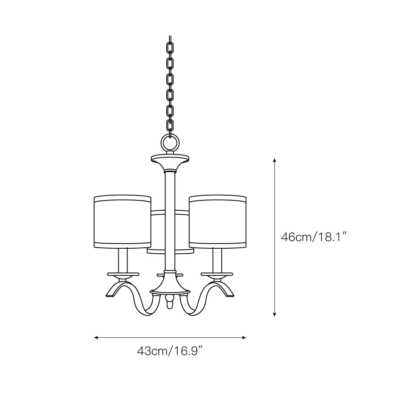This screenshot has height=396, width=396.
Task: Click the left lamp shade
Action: coord(122,221)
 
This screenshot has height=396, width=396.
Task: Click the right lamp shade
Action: coord(218,221)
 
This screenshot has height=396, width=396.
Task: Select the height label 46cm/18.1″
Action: coord(314,237)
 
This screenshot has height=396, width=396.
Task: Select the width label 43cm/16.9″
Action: coord(170,351)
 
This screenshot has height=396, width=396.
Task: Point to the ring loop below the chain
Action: coord(170,143)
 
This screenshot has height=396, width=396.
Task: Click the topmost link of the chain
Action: coord(170,48)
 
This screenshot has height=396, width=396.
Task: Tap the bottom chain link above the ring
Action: coord(170,126)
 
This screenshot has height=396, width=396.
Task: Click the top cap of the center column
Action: coord(170,159)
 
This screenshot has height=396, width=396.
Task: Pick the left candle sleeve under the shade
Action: coord(123,260)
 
